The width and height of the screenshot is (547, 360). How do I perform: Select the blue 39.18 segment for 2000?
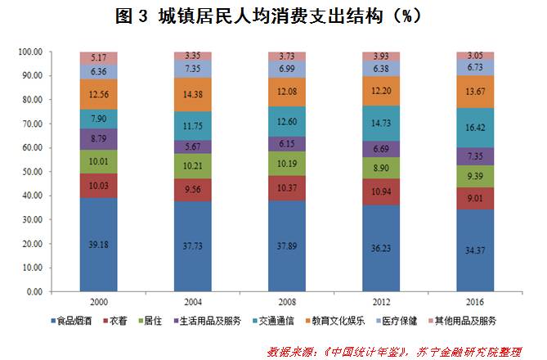(99, 244)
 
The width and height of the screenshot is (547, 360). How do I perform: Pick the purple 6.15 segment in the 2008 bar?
(287, 143)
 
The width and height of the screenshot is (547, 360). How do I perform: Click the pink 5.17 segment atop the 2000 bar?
(99, 58)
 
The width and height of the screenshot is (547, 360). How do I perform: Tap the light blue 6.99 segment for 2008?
(287, 69)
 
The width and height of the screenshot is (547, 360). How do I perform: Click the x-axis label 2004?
(193, 301)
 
